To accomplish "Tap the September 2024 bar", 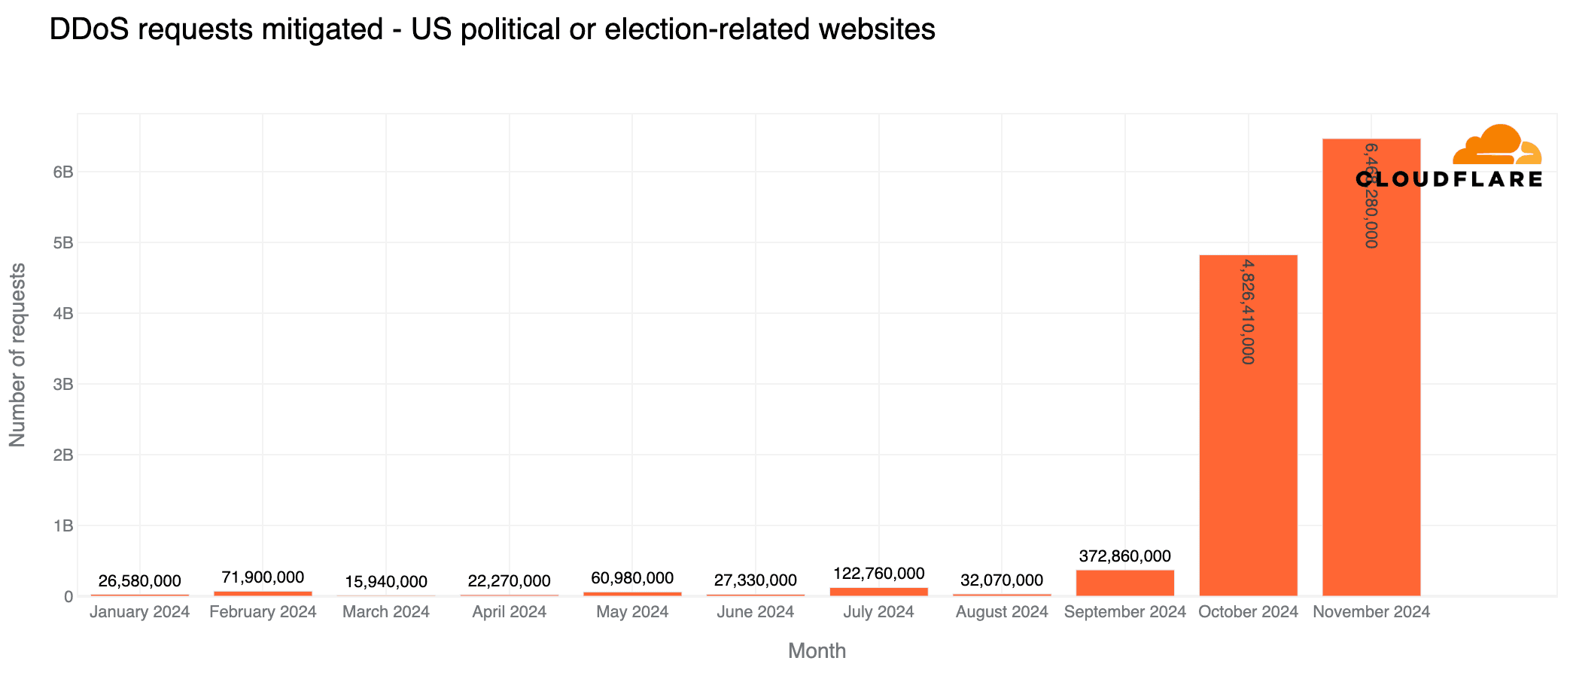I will (x=1124, y=583).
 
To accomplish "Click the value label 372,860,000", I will (x=1124, y=556).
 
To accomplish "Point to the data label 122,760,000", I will (x=878, y=574).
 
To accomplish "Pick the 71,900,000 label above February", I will (x=263, y=577).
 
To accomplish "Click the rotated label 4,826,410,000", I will (x=1248, y=312).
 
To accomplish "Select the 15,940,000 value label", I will (x=386, y=582).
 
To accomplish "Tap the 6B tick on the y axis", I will (x=63, y=172).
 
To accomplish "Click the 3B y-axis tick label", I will (x=63, y=384).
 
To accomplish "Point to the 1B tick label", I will (x=63, y=525).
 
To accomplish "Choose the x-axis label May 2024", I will (x=632, y=612).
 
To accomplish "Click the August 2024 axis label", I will (x=1002, y=612).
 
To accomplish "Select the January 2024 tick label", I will (x=139, y=612).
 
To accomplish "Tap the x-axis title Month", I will (x=817, y=650).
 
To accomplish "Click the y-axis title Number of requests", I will (x=17, y=355).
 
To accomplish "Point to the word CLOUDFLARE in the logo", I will (x=1449, y=179).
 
